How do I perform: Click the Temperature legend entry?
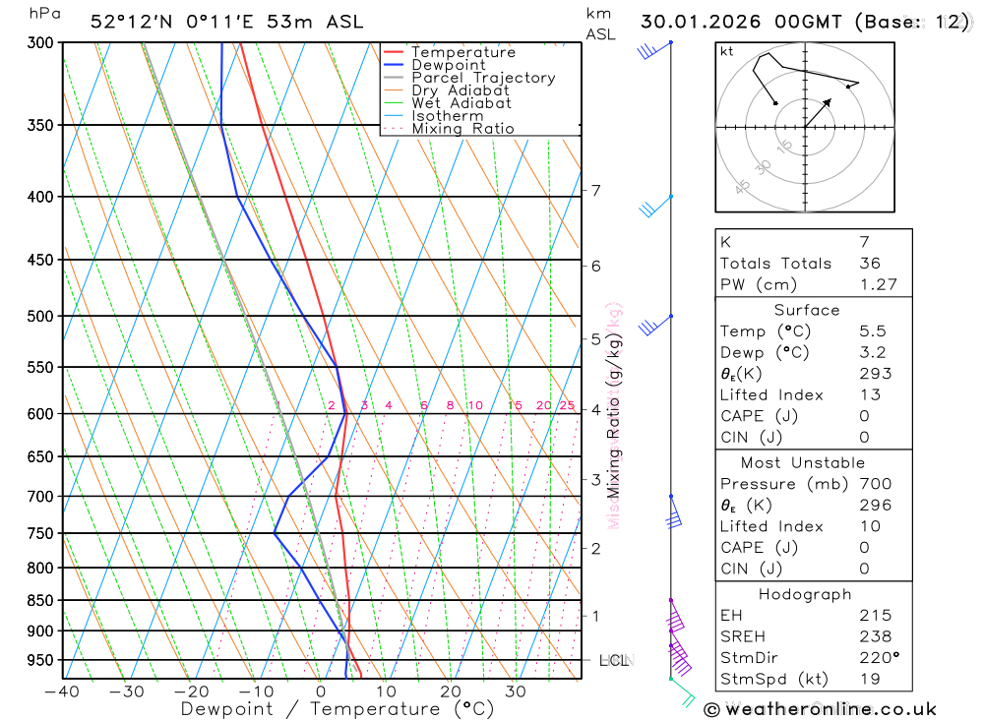[462, 52]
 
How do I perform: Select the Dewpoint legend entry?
[449, 65]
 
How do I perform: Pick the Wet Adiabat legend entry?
[461, 103]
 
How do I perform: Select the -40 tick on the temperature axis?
[62, 691]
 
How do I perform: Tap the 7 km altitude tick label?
[596, 190]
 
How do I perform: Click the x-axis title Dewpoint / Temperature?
[338, 709]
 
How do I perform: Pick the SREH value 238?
[876, 636]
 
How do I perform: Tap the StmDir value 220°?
[879, 657]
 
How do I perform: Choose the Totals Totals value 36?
[870, 263]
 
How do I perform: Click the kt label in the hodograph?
[727, 51]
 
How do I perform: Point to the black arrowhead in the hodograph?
[827, 101]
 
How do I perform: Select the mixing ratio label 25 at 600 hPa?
[567, 405]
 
